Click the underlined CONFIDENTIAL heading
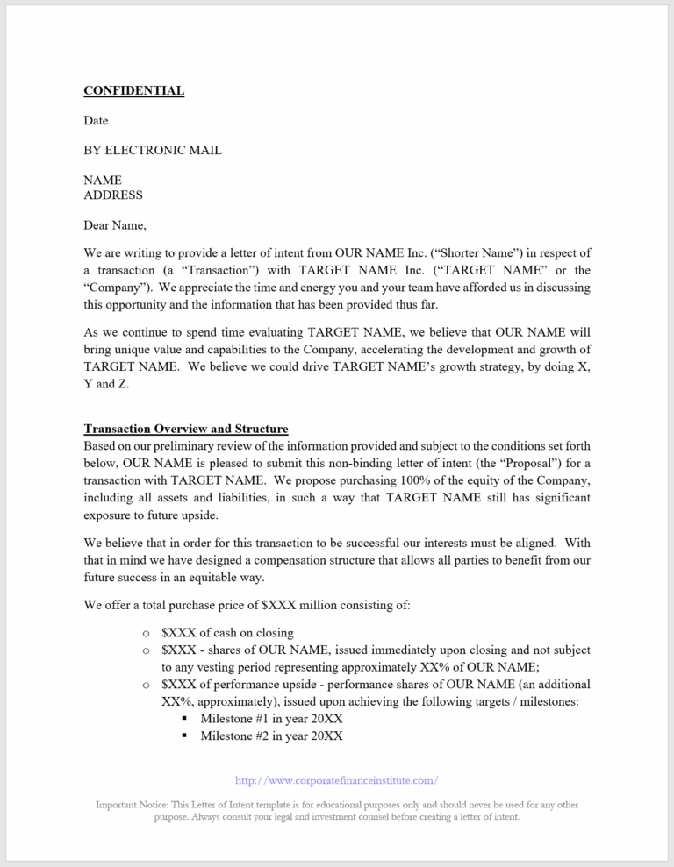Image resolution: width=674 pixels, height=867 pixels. point(133,90)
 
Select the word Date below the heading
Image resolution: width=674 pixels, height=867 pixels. point(96,120)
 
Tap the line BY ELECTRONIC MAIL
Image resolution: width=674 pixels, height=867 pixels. point(152,150)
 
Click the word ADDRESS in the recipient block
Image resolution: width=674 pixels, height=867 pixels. point(112,195)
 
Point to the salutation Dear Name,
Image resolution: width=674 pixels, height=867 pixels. point(115,224)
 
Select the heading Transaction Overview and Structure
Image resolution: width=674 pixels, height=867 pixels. point(185,429)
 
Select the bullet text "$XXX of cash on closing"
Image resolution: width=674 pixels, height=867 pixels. point(227,633)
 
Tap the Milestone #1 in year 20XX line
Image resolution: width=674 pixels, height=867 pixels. point(271,718)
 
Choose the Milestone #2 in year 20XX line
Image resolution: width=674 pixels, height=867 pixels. point(271,736)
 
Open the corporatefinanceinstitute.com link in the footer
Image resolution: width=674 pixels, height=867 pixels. point(337,780)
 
